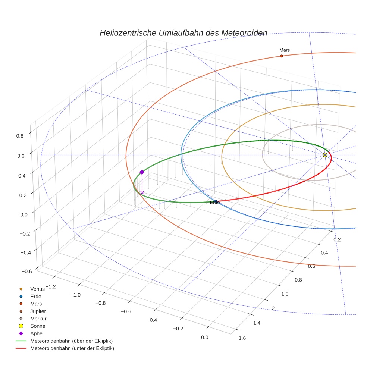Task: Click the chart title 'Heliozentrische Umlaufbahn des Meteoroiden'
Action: (x=183, y=33)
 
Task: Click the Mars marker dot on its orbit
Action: (x=281, y=56)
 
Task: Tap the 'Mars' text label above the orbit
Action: (x=285, y=50)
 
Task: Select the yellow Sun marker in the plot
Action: (x=325, y=155)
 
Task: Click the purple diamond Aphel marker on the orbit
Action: (x=142, y=172)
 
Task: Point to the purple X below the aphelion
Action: (x=142, y=192)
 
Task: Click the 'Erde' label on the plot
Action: (x=215, y=202)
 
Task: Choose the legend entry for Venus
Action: (x=37, y=289)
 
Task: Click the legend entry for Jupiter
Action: (x=38, y=311)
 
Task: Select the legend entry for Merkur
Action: (x=38, y=319)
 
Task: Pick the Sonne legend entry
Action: (x=38, y=326)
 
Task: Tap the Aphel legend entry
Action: (x=37, y=333)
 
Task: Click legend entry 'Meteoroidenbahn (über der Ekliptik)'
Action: (x=72, y=341)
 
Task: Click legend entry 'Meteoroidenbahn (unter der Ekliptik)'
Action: (x=72, y=348)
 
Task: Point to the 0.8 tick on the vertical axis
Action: (x=20, y=136)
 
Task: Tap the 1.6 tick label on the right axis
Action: (x=242, y=338)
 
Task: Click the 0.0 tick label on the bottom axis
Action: (x=204, y=337)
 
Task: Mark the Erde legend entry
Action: (x=36, y=296)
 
